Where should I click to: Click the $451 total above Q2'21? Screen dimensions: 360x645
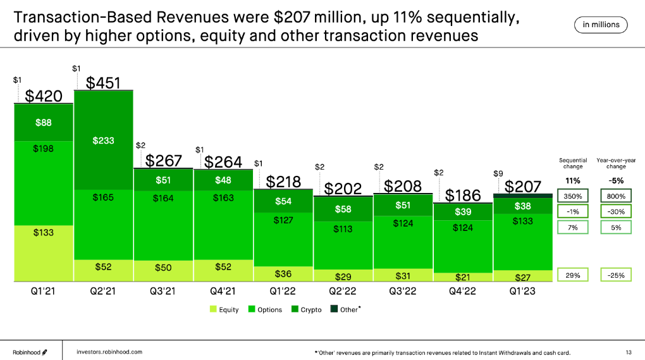[x=103, y=83]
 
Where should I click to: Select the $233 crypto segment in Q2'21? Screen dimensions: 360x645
[x=103, y=140]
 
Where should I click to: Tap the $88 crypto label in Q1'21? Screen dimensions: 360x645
[x=44, y=123]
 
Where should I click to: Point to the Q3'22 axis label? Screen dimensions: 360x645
[x=403, y=292]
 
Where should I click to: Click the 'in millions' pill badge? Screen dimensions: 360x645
[x=601, y=25]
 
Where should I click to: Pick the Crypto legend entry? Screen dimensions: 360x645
[x=307, y=309]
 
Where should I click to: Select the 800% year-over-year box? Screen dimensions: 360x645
[x=615, y=196]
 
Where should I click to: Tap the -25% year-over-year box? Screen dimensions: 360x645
[x=615, y=275]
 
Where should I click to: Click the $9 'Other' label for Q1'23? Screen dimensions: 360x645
[x=498, y=173]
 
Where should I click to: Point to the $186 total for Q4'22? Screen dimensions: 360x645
[x=463, y=195]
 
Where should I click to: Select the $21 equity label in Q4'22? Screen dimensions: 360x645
[x=463, y=276]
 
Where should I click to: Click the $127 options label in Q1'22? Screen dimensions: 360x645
[x=283, y=220]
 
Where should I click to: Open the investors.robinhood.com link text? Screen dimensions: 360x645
[x=109, y=351]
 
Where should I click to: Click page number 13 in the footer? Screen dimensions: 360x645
[x=628, y=352]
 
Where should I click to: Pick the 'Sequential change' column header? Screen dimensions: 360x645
[x=574, y=163]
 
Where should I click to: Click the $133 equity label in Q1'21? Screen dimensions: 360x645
[x=44, y=232]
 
